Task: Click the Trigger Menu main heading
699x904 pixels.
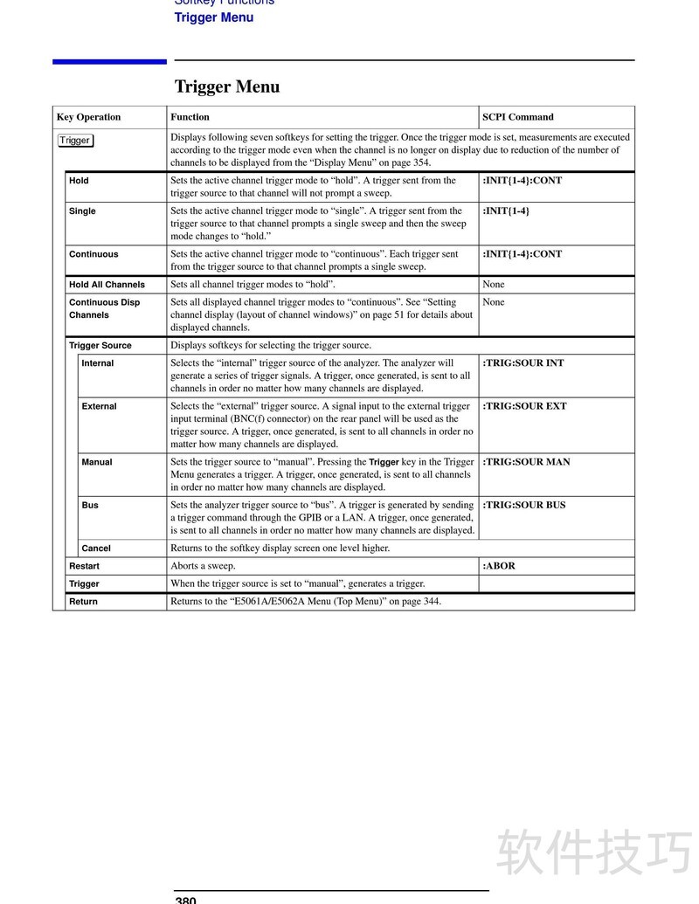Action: (x=227, y=86)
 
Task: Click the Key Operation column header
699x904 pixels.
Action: (x=88, y=117)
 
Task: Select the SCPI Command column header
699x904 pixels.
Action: (x=517, y=117)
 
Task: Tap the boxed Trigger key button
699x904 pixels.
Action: (x=75, y=141)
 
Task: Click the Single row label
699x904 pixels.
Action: (x=82, y=211)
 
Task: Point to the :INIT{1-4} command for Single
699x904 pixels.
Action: (x=506, y=211)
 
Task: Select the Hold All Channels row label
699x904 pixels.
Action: (x=107, y=285)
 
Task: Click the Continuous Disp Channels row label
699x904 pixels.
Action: (x=104, y=308)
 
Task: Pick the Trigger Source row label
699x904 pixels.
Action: (x=100, y=346)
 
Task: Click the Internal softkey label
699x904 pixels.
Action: (x=97, y=363)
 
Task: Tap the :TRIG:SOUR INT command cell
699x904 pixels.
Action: (x=523, y=363)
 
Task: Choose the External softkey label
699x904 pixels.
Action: (x=99, y=406)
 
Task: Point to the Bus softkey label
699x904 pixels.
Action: (x=90, y=506)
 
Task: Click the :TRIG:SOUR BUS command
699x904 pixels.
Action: (x=523, y=506)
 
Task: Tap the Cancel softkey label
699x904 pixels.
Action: (x=96, y=549)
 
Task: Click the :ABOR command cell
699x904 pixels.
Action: (x=499, y=566)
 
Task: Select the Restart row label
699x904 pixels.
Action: (x=84, y=566)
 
